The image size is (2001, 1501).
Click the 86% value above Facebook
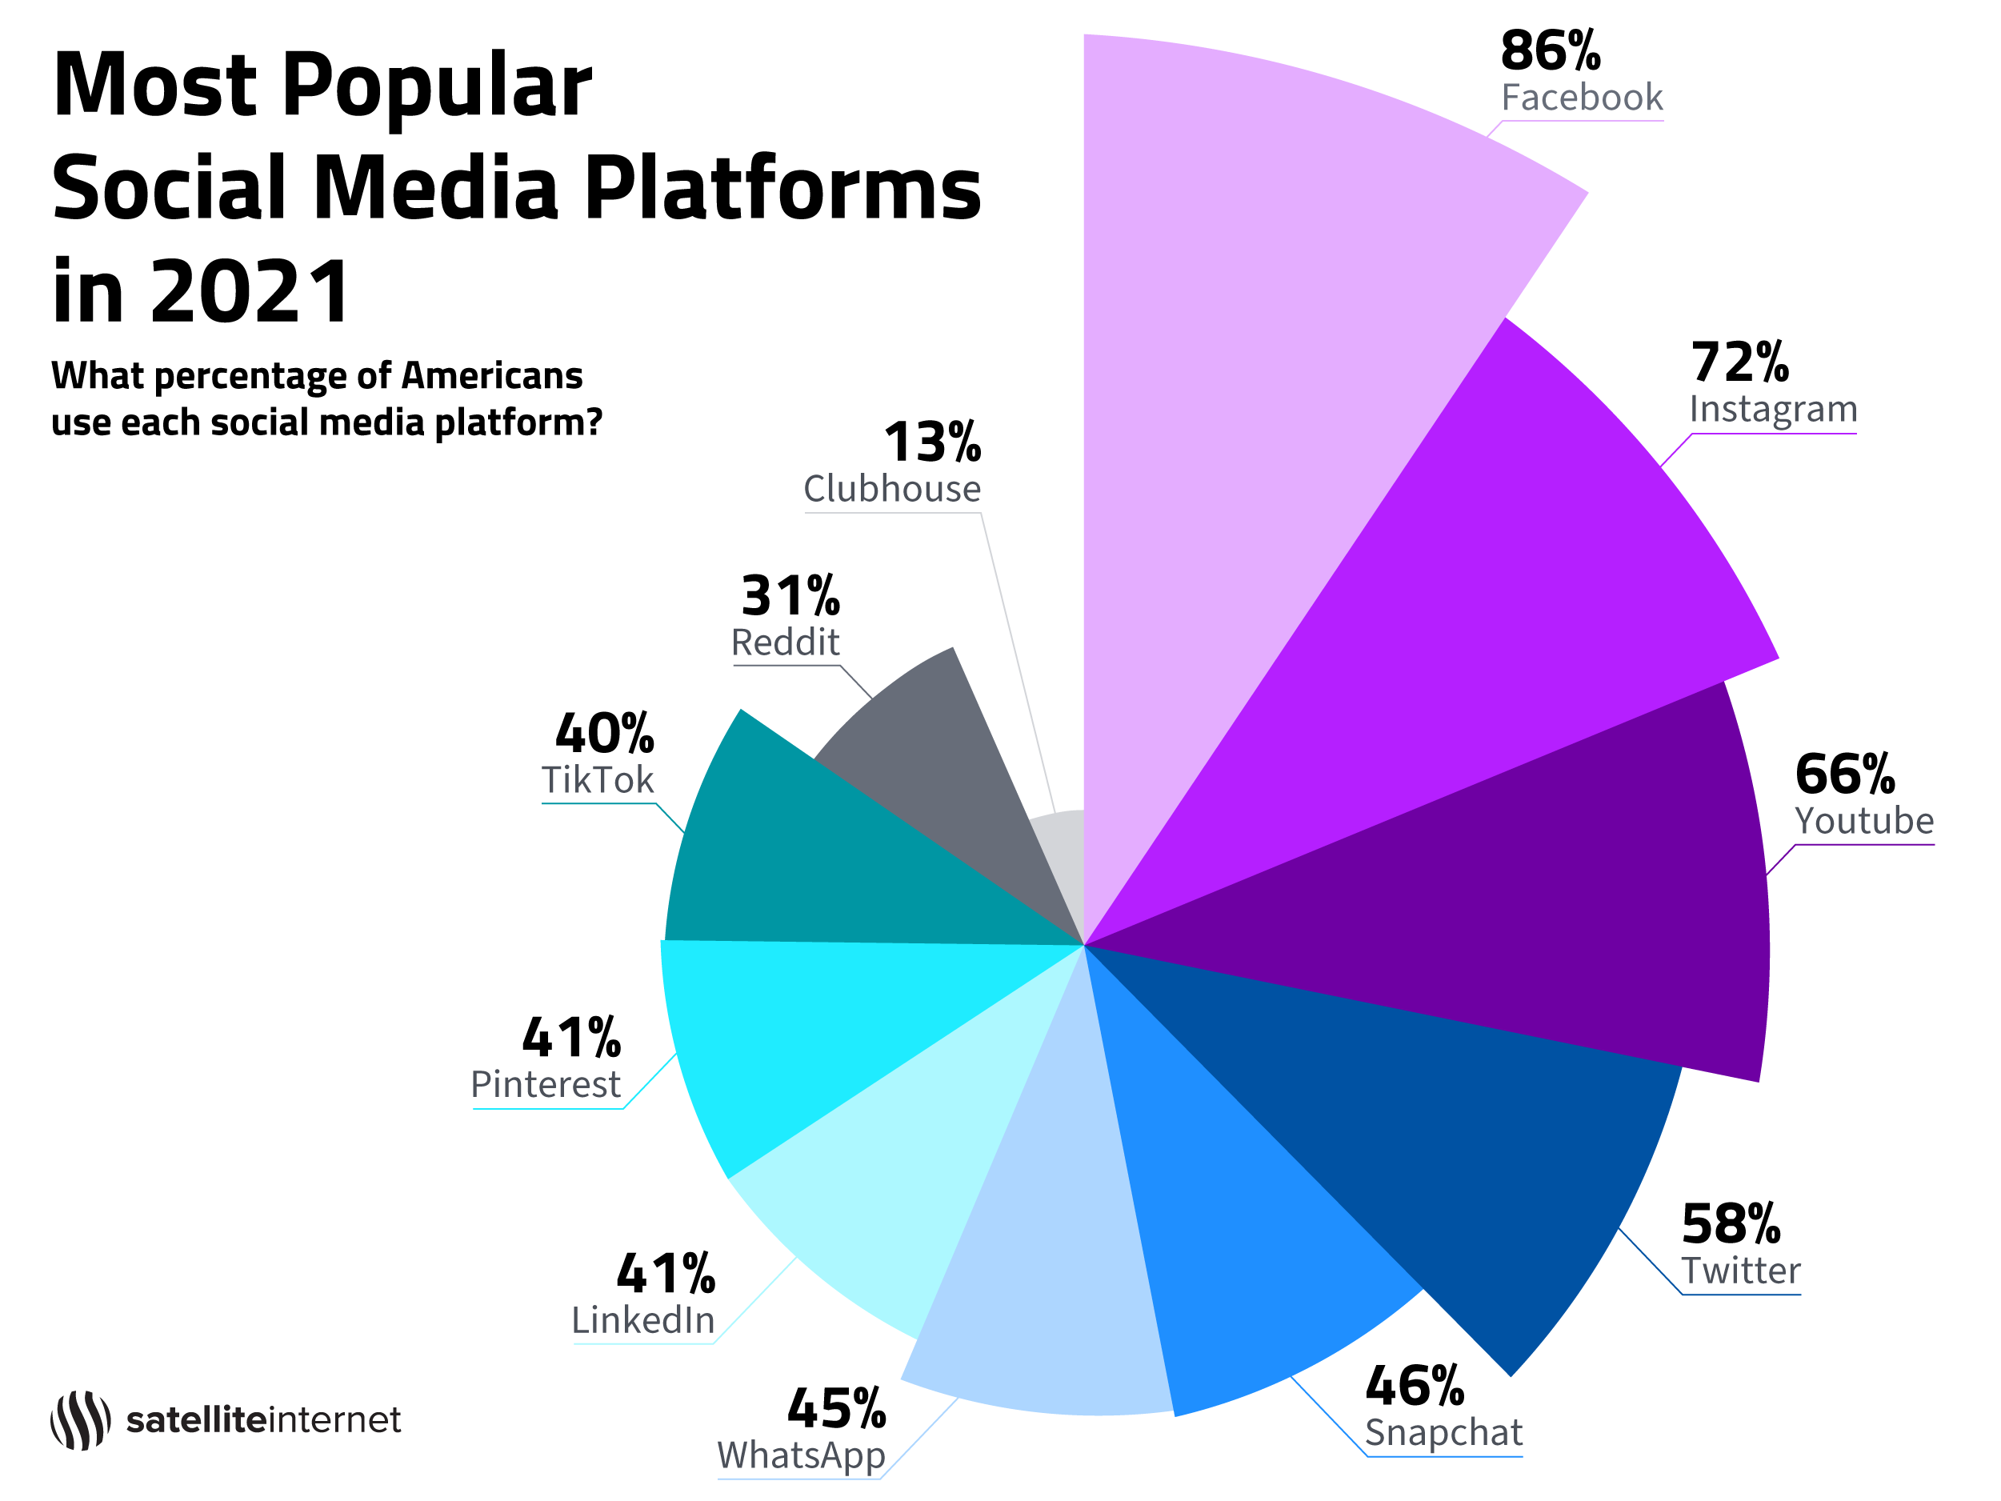pos(1550,50)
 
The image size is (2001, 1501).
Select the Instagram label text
pos(1773,409)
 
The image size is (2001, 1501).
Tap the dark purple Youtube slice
pos(1538,905)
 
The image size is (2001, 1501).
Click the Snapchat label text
pos(1444,1433)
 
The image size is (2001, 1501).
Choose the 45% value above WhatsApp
pos(836,1409)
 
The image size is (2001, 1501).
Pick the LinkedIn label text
pos(643,1321)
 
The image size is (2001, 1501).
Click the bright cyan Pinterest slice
pos(814,1023)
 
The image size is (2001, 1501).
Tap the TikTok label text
pos(597,780)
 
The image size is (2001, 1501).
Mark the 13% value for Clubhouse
pos(932,442)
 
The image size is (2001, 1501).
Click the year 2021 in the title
pos(250,291)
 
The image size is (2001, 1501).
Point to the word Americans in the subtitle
pos(492,375)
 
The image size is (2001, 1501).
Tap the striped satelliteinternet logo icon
pos(81,1419)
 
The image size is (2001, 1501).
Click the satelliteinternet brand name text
pos(263,1419)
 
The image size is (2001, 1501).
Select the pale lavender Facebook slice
pos(1267,362)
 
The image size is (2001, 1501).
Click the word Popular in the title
pos(437,86)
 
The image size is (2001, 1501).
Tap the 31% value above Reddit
pos(790,596)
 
